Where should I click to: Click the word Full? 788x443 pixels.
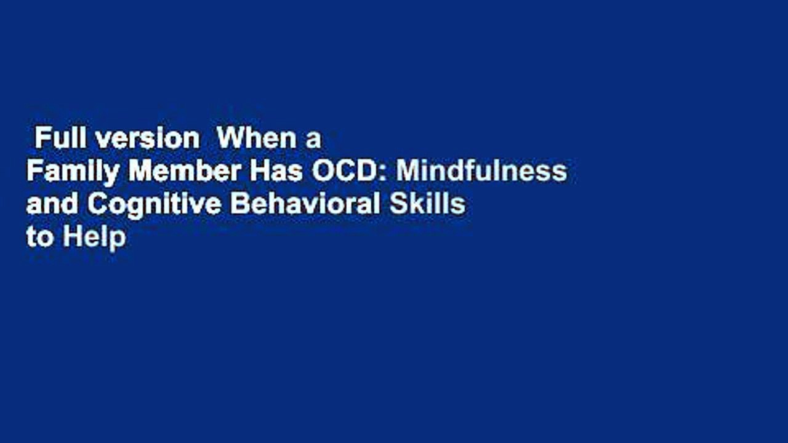pyautogui.click(x=59, y=139)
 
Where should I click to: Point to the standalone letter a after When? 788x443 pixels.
pyautogui.click(x=314, y=140)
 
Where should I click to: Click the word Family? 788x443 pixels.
pyautogui.click(x=72, y=172)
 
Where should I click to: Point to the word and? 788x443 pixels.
pyautogui.click(x=51, y=205)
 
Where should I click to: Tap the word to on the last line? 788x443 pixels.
pyautogui.click(x=39, y=237)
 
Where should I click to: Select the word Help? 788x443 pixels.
pyautogui.click(x=94, y=237)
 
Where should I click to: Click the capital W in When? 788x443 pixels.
pyautogui.click(x=229, y=139)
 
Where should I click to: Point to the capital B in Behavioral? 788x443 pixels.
pyautogui.click(x=237, y=205)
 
